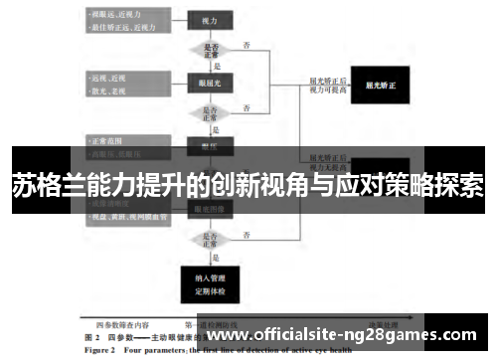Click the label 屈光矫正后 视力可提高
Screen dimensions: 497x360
327,86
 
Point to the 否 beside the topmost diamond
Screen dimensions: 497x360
246,44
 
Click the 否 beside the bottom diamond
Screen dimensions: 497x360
246,235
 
